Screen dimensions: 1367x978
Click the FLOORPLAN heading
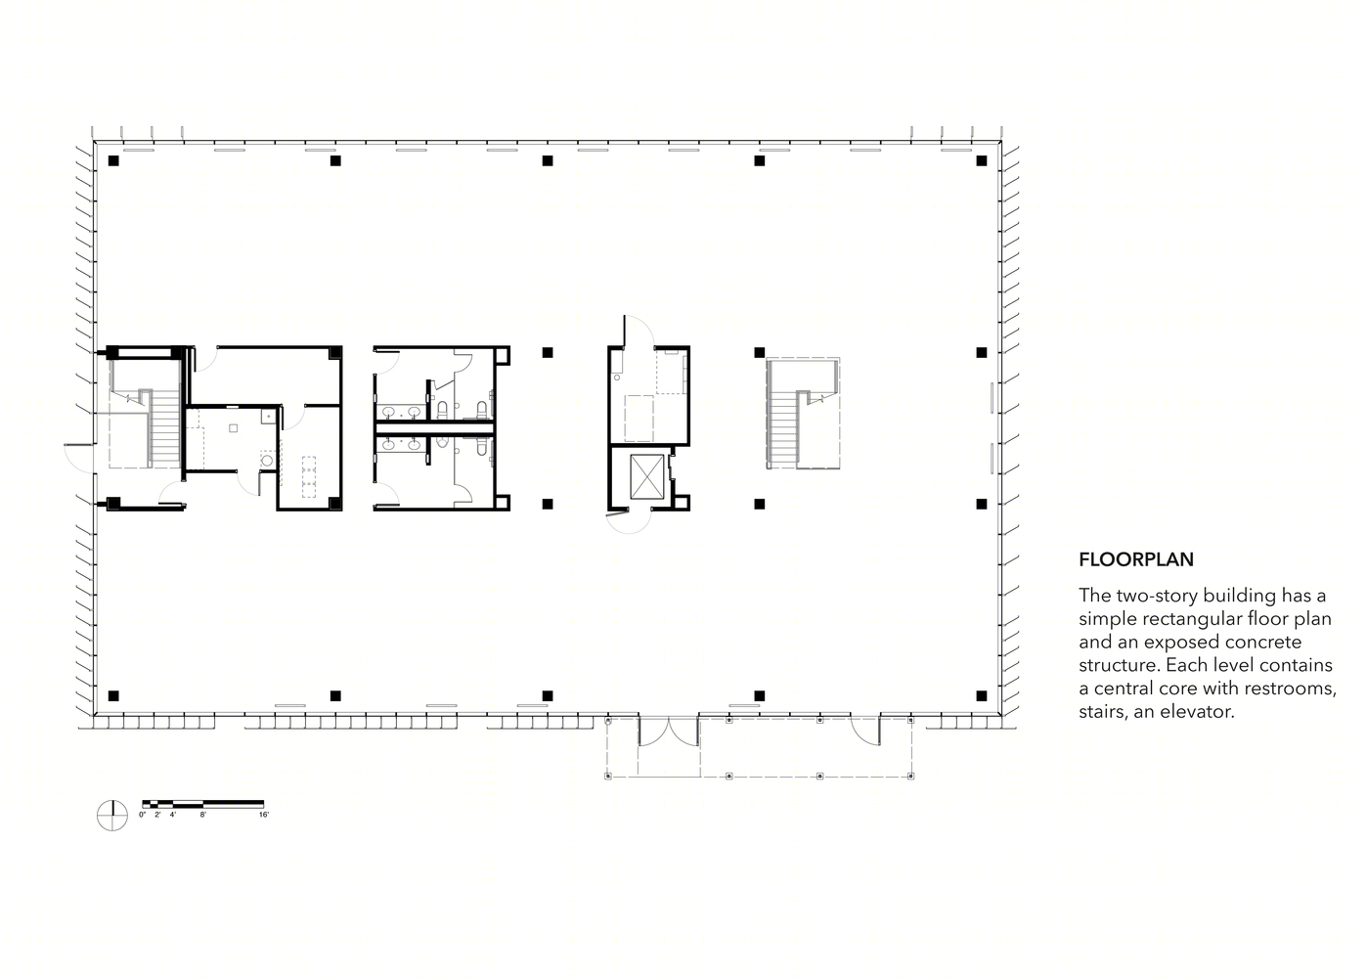pos(1135,559)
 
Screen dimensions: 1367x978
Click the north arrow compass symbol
pos(112,815)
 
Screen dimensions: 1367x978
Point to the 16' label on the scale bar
pos(264,815)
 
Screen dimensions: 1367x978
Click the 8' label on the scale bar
pos(203,815)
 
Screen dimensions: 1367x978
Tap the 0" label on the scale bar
pos(143,815)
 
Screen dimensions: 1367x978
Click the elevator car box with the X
pos(646,477)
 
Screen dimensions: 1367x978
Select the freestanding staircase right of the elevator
pos(803,414)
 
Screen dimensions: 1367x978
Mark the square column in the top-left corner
pos(113,161)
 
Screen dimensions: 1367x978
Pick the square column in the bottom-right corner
pos(982,696)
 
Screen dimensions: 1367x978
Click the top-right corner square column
pos(982,161)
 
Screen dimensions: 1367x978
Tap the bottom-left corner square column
pos(113,696)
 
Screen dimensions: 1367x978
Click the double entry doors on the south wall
pos(668,732)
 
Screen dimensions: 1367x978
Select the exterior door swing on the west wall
pos(78,458)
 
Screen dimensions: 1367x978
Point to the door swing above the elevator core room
pos(639,331)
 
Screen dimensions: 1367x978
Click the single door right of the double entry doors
pos(865,732)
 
